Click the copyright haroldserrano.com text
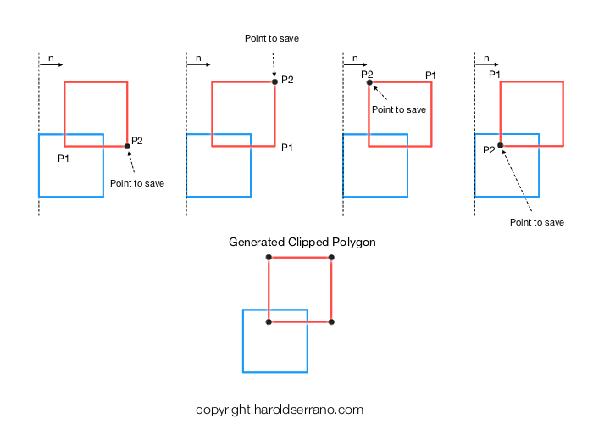[x=280, y=410]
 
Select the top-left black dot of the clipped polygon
[x=269, y=258]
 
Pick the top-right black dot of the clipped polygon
[x=331, y=258]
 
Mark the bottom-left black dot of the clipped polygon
[x=269, y=321]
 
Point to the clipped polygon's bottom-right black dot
[x=331, y=321]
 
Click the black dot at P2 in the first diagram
[x=127, y=146]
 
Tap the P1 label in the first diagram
[x=64, y=159]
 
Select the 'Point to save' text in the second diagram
[x=272, y=38]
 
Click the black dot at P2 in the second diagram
[x=275, y=81]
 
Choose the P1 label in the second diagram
[x=287, y=148]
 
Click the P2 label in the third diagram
[x=367, y=75]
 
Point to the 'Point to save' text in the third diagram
[x=399, y=109]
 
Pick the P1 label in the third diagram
[x=430, y=75]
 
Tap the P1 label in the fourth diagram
[x=494, y=75]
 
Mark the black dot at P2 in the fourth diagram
[x=501, y=145]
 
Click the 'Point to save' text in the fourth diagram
[x=537, y=222]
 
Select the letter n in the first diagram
[x=51, y=59]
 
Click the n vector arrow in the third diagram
[x=355, y=64]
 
